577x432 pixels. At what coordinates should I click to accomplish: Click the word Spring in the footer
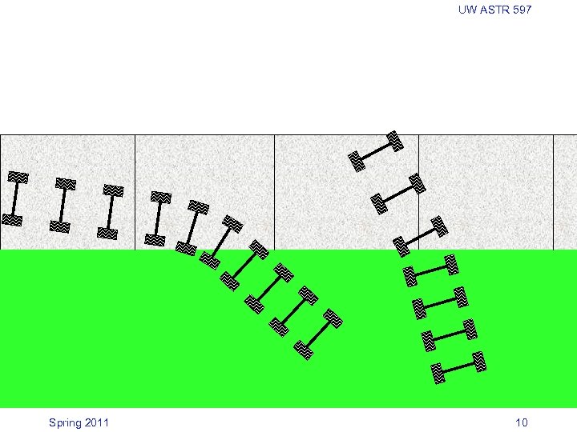[65, 423]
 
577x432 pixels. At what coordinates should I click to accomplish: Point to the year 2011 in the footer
[96, 422]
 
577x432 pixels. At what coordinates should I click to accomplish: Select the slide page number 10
[522, 422]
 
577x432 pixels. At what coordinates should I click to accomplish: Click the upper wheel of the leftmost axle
[18, 177]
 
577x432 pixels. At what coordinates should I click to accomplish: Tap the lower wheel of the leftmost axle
[12, 220]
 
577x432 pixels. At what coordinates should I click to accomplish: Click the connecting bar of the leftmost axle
[15, 198]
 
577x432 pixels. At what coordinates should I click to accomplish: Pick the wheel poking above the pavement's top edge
[395, 141]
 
